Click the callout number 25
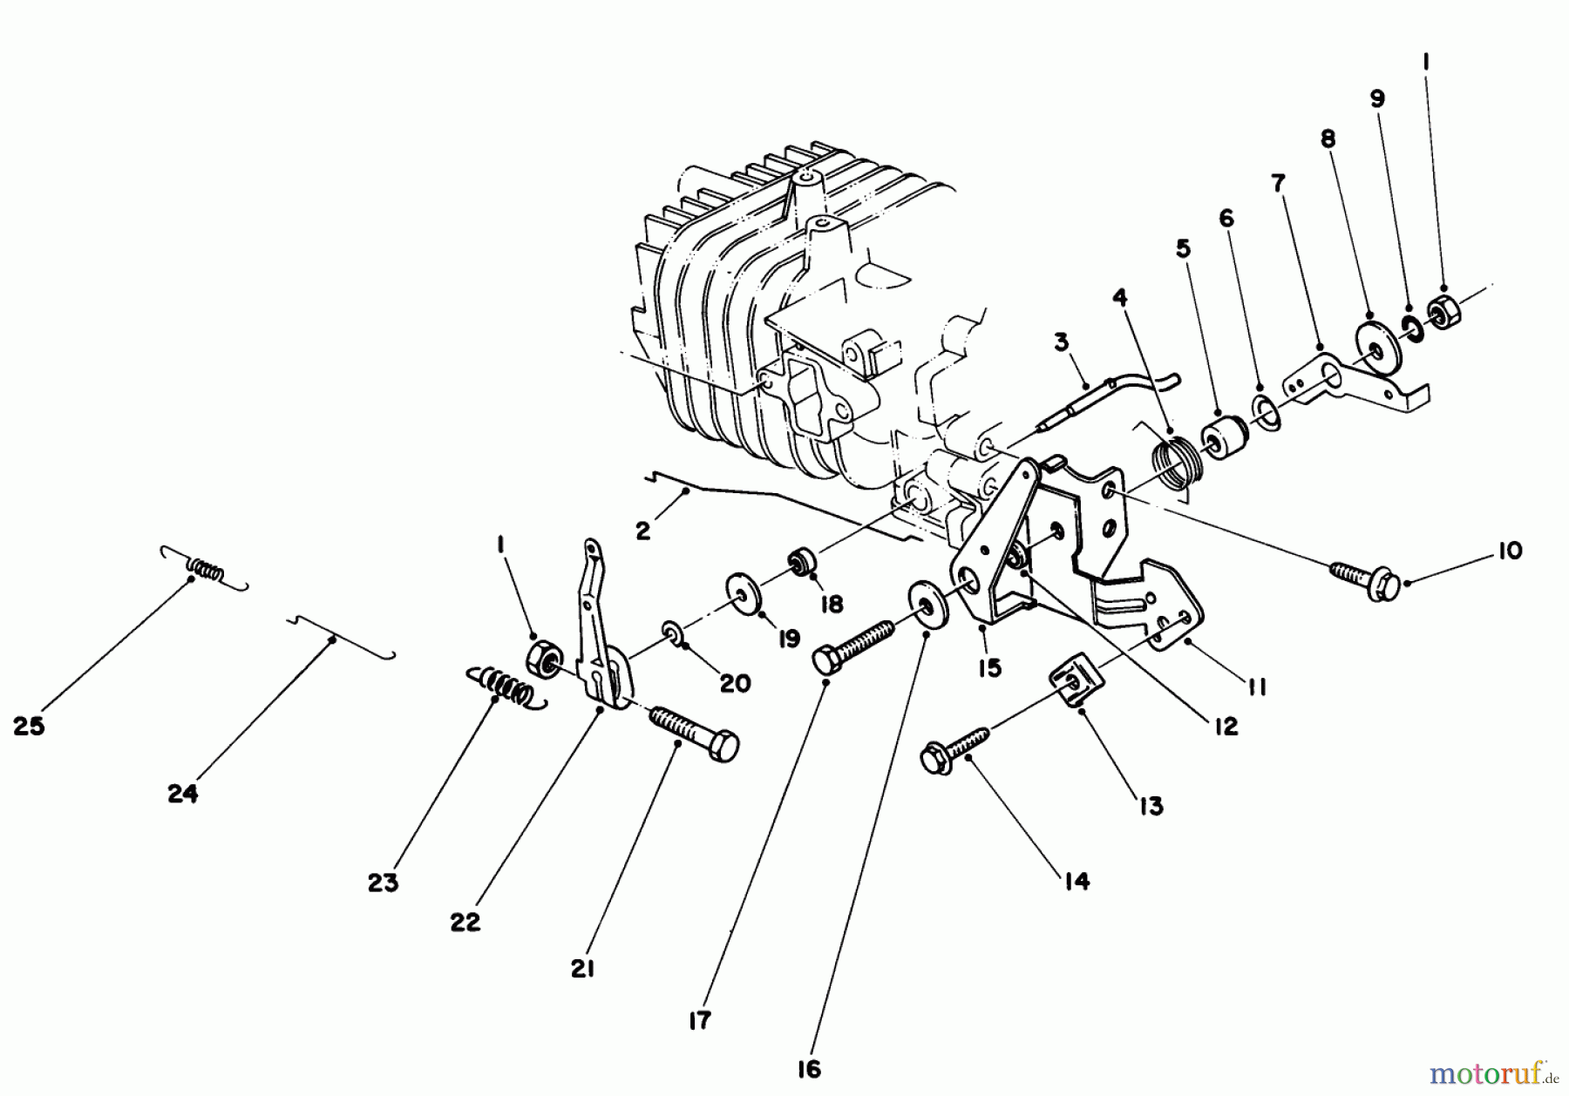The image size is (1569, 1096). (x=29, y=726)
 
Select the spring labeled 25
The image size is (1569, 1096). (x=206, y=570)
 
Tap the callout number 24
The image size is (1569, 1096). (x=183, y=794)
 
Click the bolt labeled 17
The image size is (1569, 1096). (x=854, y=646)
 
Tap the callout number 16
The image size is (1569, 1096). (x=809, y=1069)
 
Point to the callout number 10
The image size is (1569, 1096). (x=1510, y=551)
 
